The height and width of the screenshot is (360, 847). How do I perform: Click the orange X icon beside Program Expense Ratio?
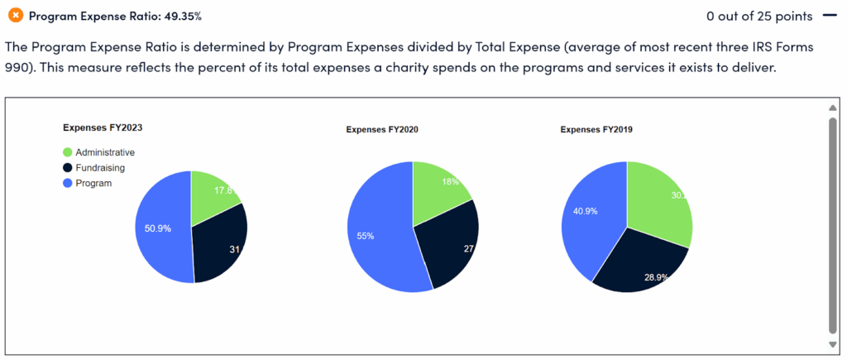14,16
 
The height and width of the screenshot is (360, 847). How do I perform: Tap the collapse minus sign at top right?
827,16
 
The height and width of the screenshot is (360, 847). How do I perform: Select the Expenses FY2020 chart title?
376,130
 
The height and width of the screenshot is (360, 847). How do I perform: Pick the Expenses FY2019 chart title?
591,130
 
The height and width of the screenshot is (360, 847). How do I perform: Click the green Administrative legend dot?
68,152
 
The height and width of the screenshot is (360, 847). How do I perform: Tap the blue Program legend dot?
68,183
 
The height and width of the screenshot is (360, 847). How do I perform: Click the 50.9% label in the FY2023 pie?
157,228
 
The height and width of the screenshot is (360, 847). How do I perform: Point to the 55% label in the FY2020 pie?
366,236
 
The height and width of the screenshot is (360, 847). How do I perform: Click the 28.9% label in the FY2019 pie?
657,276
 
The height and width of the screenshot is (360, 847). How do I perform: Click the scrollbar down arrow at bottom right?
833,344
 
